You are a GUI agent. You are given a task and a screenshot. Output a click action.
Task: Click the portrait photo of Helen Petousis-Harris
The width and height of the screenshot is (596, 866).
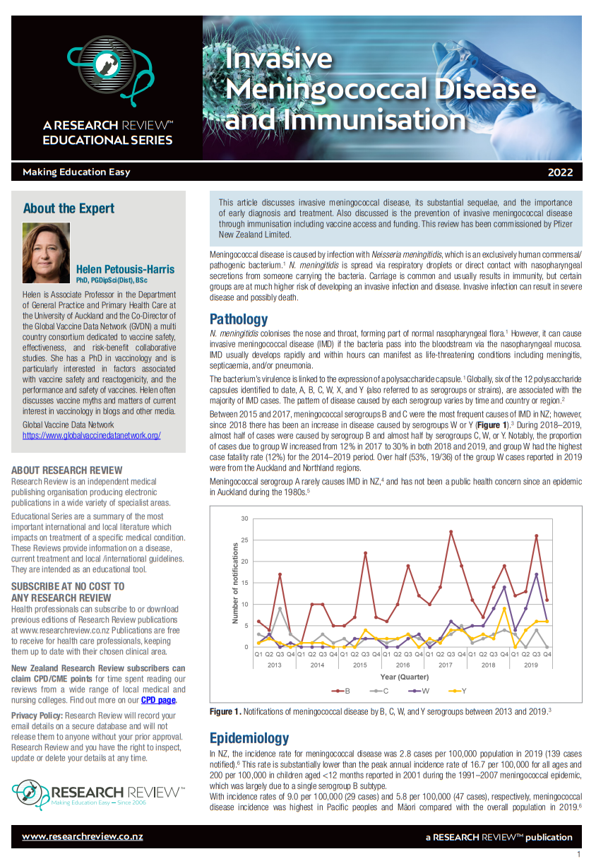pos(47,253)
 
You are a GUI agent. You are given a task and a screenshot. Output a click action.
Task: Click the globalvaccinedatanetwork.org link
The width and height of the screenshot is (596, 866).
pos(92,435)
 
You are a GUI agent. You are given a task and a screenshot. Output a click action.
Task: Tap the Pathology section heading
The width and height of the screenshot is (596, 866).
pos(239,319)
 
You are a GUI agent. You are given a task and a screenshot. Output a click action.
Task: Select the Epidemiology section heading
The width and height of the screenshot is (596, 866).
pos(249,738)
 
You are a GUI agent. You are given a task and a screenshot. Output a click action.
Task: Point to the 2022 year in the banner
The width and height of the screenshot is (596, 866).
pos(560,172)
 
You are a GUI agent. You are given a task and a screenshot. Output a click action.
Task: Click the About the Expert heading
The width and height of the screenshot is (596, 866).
pos(68,208)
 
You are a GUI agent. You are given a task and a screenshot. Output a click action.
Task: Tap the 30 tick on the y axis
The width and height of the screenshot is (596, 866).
pos(244,518)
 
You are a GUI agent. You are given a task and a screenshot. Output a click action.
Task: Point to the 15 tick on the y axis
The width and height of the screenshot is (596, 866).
pos(244,583)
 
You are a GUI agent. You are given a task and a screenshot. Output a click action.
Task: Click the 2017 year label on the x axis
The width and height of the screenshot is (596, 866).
pos(446,665)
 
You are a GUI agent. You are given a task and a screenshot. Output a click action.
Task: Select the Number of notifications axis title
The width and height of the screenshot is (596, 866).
pos(236,583)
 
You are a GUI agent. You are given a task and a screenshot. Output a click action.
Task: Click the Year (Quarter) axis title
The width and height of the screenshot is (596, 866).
pos(403,677)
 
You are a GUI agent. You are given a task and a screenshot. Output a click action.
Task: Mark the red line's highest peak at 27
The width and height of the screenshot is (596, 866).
pos(451,532)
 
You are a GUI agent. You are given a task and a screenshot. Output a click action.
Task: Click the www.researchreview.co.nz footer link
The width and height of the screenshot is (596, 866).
pos(83,836)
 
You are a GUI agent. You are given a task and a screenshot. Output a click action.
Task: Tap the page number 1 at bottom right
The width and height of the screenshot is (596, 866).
pos(578,855)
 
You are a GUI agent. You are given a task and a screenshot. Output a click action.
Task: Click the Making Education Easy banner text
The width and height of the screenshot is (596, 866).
pos(76,172)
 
